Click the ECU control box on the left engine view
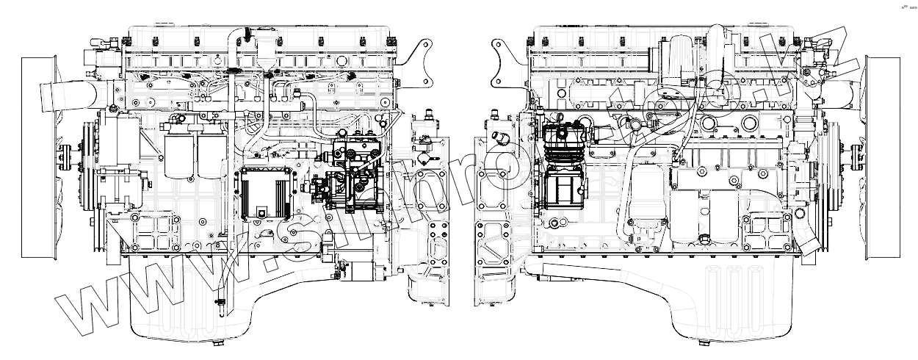tap(265, 193)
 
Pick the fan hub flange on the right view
tap(855, 155)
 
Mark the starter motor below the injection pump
tap(360, 269)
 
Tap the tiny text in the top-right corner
tap(908, 7)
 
